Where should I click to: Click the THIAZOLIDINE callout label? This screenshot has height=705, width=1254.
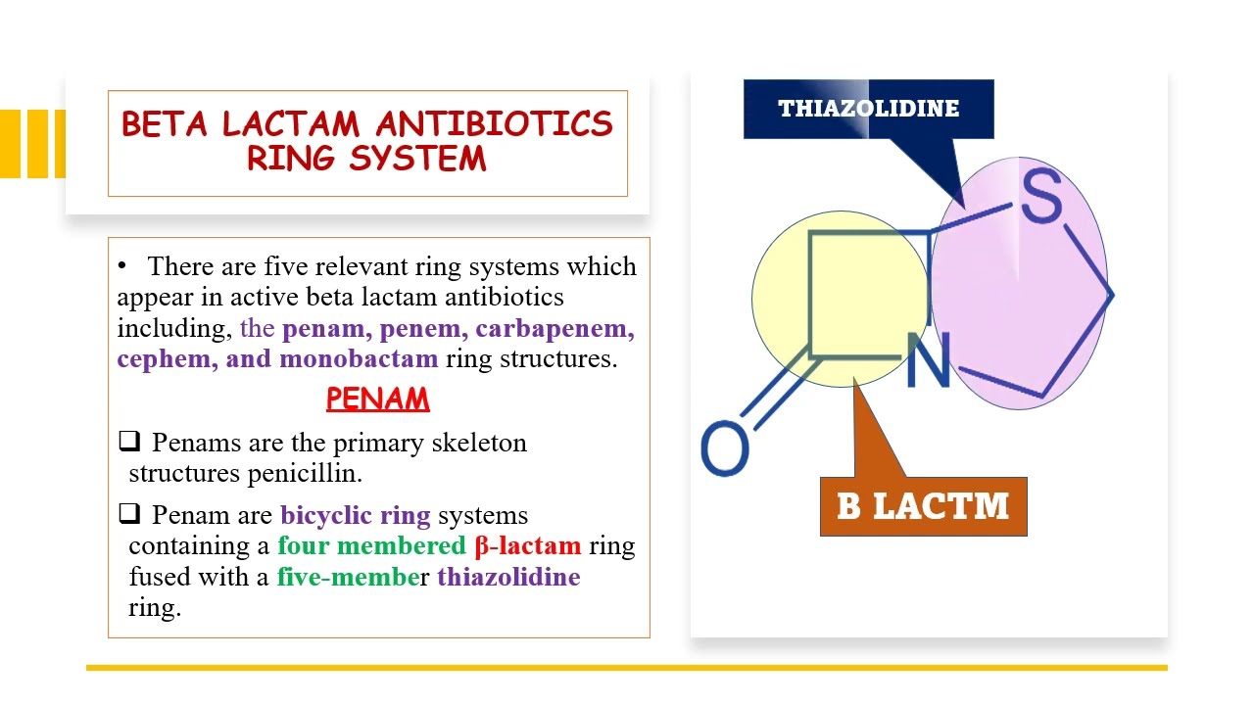coord(868,109)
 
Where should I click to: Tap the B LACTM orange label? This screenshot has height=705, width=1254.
coord(923,506)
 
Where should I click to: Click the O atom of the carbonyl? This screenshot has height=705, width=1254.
coord(725,449)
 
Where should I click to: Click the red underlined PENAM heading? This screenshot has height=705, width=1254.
coord(377,399)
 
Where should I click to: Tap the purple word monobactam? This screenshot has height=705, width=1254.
coord(359,358)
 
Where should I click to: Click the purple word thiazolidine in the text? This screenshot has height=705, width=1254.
coord(508,577)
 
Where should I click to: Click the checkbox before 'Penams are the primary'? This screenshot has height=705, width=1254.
coord(129,442)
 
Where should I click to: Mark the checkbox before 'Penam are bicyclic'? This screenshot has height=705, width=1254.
coord(129,514)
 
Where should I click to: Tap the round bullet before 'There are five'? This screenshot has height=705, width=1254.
coord(122,266)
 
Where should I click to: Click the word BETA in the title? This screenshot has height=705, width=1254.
coord(166,124)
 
